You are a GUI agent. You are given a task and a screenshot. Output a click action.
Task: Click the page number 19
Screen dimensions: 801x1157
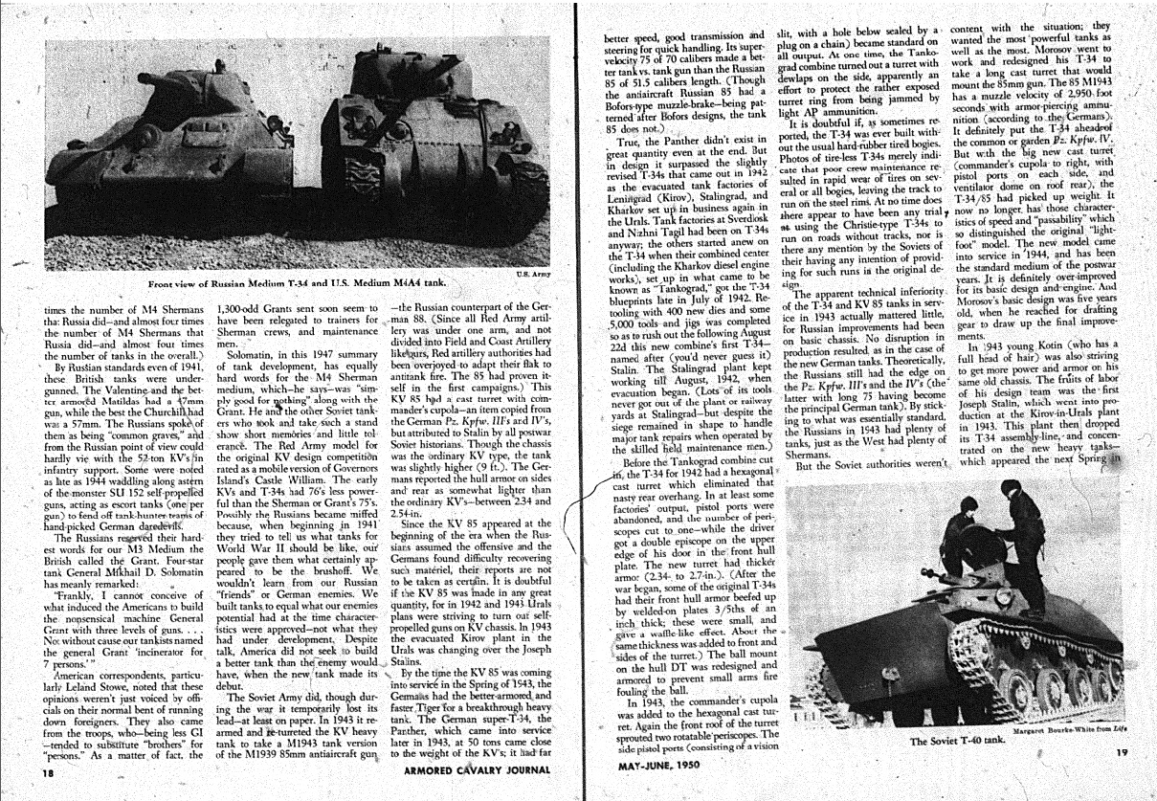[x=1122, y=753]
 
